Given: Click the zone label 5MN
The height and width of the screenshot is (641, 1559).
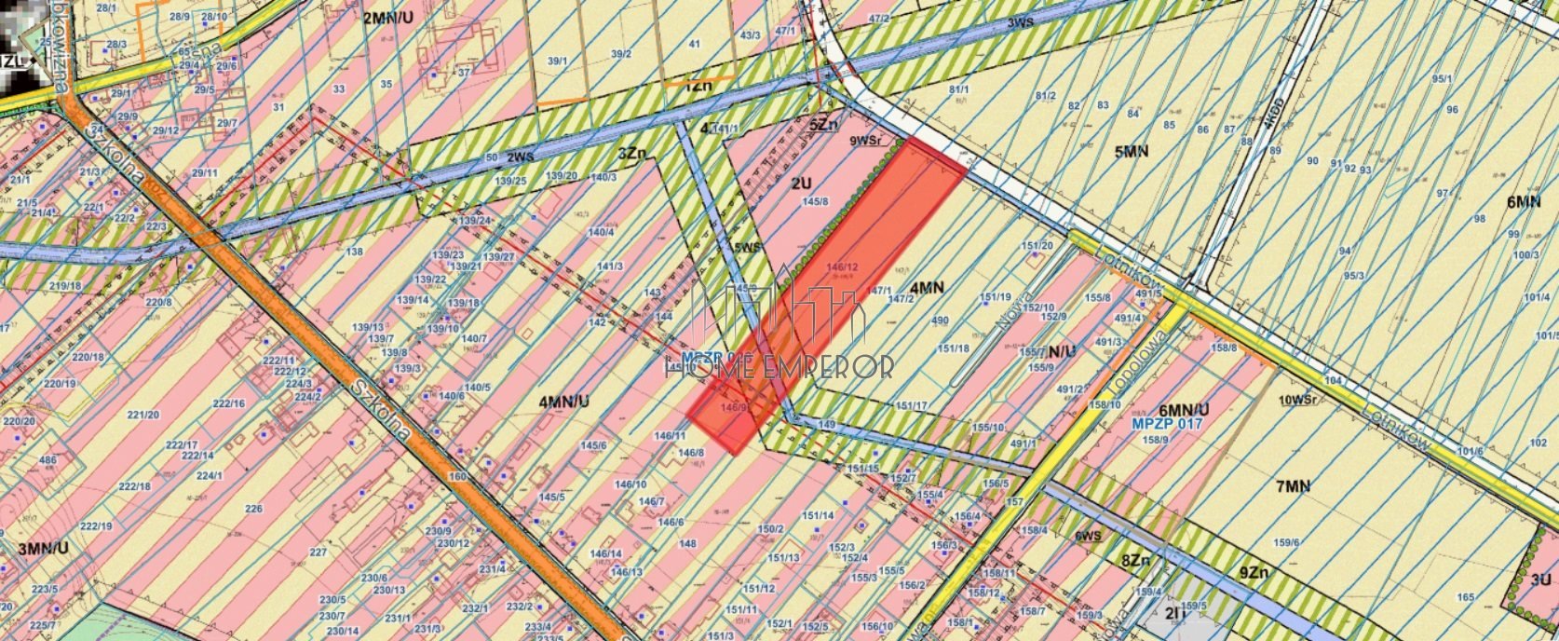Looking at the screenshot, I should point(1131,151).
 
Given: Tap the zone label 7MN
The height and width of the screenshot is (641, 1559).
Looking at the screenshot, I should point(1293,486).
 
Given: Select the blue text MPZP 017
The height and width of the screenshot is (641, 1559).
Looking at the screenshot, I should point(1167,424).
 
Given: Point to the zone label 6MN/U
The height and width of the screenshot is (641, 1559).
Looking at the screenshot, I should point(1184,409).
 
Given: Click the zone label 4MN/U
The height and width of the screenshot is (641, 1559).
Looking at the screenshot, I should point(564,402).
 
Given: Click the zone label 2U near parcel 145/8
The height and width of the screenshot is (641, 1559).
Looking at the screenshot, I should point(801,184).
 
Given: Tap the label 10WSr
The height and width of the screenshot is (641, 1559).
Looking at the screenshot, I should point(1297,400).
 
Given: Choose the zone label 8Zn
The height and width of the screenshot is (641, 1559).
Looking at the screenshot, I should point(1136,561).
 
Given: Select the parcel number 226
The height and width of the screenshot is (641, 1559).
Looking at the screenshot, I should point(253,509).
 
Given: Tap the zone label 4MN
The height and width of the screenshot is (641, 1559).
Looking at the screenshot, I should point(927,288).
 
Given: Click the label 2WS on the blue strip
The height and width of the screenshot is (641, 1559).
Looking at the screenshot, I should point(521,157).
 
